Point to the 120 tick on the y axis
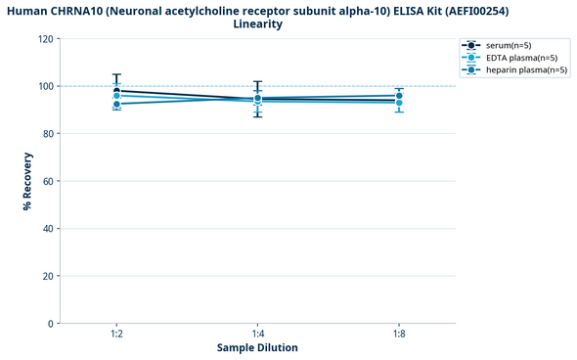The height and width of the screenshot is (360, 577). [45, 39]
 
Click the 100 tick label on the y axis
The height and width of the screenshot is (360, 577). [45, 86]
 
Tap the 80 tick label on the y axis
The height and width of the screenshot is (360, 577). [48, 134]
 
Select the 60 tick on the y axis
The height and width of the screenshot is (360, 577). [48, 181]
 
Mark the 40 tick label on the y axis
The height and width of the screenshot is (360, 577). [48, 229]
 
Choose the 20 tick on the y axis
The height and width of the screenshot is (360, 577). [48, 276]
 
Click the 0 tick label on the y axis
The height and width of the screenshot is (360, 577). [51, 324]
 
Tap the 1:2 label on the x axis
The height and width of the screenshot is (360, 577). [116, 334]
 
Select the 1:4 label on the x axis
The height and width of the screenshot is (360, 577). [258, 334]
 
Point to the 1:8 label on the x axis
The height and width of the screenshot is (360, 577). [399, 334]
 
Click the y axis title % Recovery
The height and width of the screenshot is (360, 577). [27, 181]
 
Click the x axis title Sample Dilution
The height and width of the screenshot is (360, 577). [257, 347]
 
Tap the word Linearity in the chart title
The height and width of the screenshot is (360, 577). [258, 23]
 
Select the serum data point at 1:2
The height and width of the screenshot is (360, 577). [116, 91]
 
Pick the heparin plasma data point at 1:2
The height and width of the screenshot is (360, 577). [116, 104]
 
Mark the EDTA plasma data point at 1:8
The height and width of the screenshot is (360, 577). [399, 103]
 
